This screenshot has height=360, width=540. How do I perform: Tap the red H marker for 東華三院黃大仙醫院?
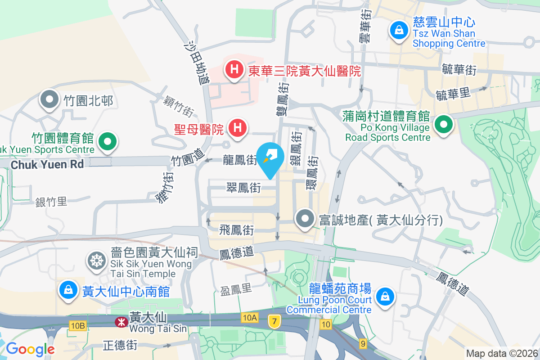(x=234, y=70)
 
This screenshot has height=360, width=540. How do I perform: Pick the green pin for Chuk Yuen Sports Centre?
(x=107, y=141)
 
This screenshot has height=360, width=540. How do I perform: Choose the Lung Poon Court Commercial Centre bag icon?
(x=385, y=297)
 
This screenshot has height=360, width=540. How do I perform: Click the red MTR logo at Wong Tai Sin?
(x=120, y=321)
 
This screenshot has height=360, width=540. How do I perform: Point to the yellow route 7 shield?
(x=273, y=321)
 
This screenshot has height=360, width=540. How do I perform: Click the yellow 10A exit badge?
(x=249, y=318)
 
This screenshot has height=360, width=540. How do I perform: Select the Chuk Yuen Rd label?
(x=47, y=164)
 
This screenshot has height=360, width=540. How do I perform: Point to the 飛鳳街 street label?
(x=236, y=231)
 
